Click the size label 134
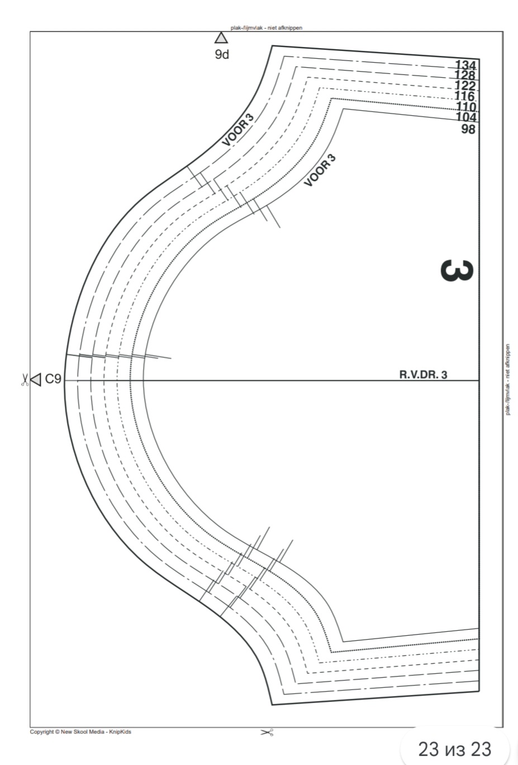click(466, 64)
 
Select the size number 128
click(465, 75)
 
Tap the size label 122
click(465, 86)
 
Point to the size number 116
click(465, 96)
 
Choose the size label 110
click(466, 107)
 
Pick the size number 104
click(466, 117)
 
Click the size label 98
click(468, 129)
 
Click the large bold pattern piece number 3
click(457, 271)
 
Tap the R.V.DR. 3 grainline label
click(423, 375)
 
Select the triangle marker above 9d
click(221, 38)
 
